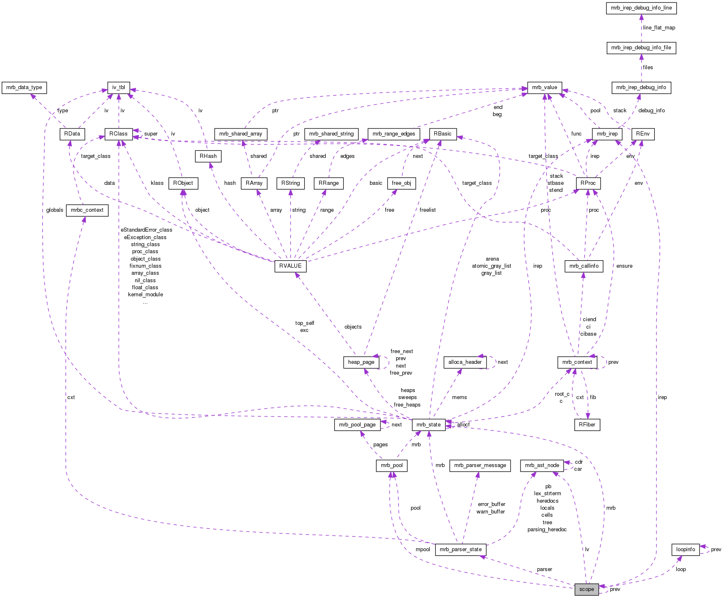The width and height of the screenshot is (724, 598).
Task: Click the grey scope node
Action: (586, 589)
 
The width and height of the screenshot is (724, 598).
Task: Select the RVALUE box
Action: (290, 266)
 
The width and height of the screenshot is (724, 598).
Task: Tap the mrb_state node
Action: (429, 424)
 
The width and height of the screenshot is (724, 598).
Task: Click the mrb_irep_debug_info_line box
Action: (641, 8)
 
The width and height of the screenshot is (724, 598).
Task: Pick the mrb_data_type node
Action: (24, 87)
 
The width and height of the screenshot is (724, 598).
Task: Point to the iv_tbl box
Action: (119, 87)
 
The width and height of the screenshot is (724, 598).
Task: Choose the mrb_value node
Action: (545, 87)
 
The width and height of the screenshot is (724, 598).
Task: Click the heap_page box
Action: (361, 362)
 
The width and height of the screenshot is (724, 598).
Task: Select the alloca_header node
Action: (465, 362)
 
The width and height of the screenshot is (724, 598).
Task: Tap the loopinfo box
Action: (685, 550)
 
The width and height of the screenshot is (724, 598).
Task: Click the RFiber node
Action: (587, 424)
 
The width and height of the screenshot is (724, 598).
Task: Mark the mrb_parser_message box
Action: (480, 465)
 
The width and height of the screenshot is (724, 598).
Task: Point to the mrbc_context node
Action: (87, 210)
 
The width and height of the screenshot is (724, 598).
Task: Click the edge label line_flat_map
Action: (659, 28)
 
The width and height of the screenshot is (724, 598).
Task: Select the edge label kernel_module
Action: (145, 295)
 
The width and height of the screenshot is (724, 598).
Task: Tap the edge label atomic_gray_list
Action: (492, 266)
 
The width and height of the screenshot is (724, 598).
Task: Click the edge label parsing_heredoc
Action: (547, 530)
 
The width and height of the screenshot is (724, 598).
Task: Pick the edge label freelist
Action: (427, 210)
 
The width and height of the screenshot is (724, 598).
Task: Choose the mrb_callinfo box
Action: (584, 266)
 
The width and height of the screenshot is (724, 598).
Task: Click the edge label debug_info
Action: (651, 111)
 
